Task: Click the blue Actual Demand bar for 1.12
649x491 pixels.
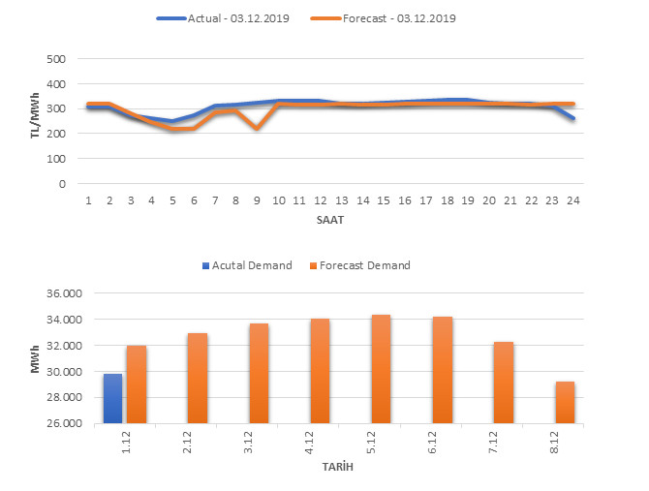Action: (x=113, y=398)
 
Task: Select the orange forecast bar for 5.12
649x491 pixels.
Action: (x=381, y=369)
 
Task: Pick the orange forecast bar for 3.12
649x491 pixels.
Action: (x=259, y=373)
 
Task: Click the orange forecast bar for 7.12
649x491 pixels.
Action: (x=504, y=383)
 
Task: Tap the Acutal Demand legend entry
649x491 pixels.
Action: (x=247, y=265)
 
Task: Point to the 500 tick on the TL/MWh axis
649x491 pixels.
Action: (x=55, y=59)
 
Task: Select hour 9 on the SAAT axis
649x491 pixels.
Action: (x=257, y=200)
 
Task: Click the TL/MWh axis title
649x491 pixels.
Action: (x=34, y=121)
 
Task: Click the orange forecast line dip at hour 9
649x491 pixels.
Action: (x=257, y=128)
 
